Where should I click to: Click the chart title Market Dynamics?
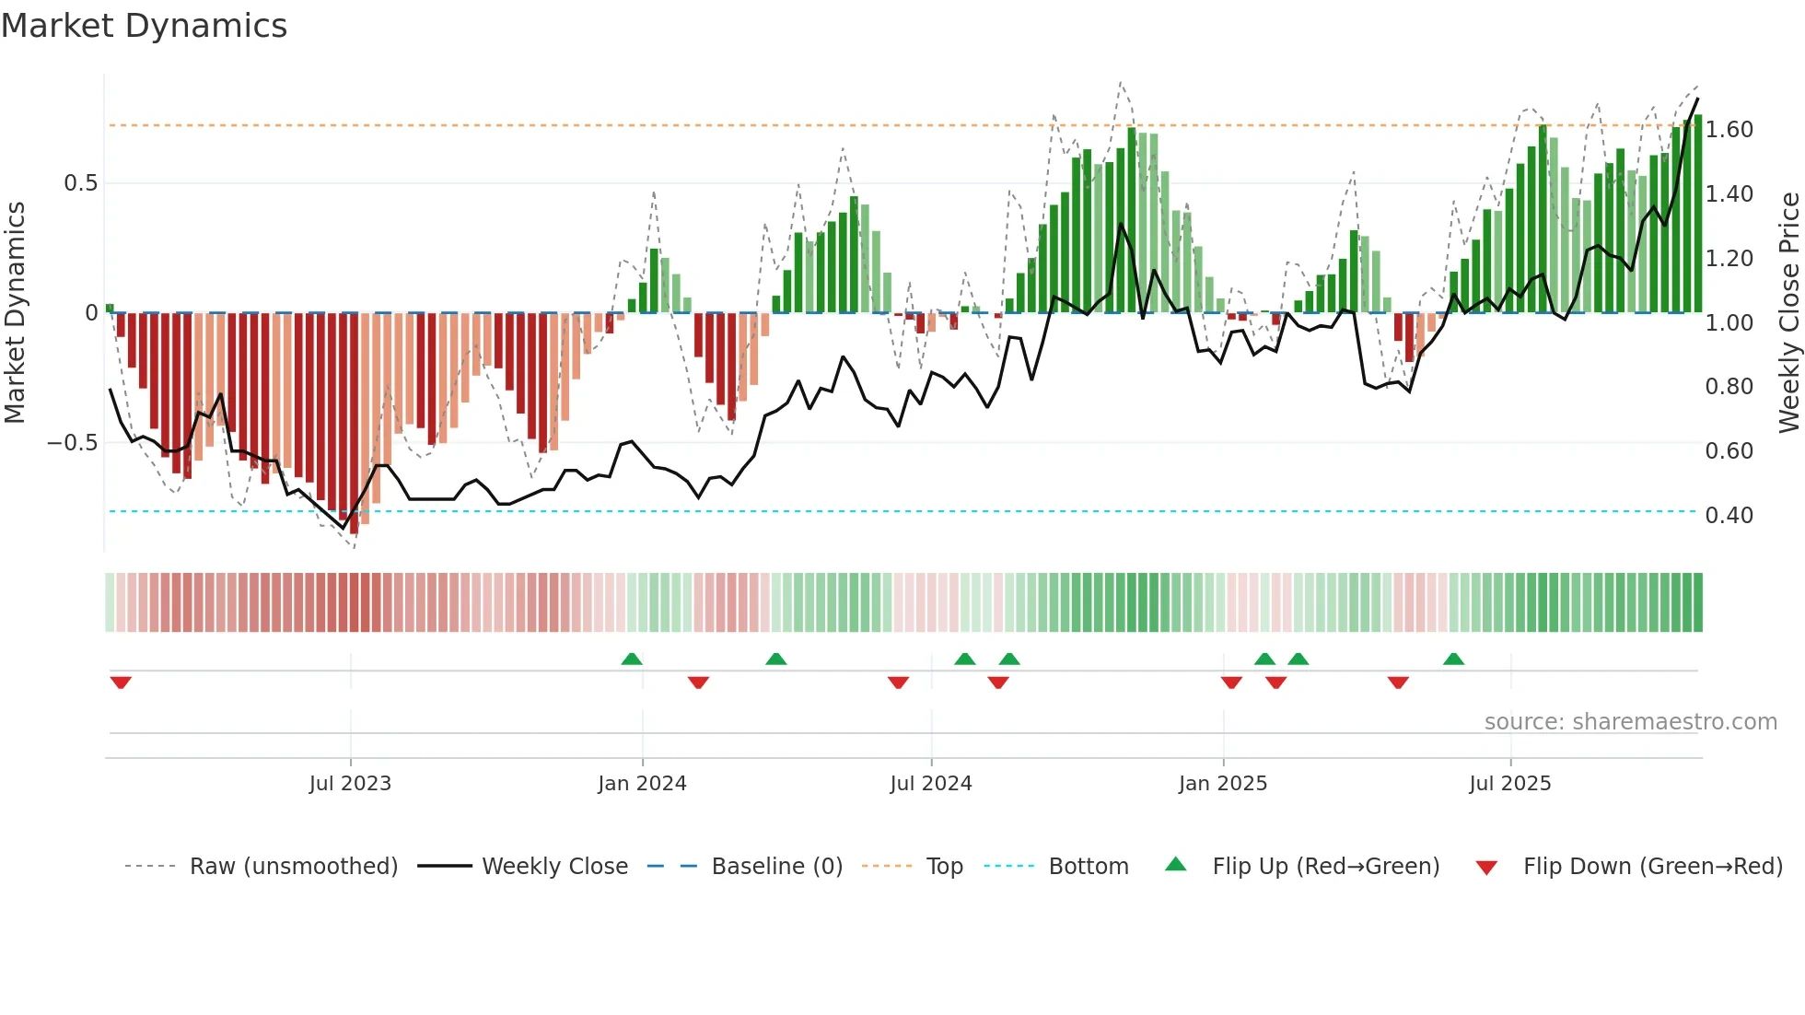click(144, 26)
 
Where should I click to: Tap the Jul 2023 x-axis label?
click(350, 784)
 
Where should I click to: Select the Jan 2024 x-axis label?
click(642, 784)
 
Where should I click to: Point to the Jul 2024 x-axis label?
click(931, 784)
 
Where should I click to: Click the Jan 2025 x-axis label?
click(1223, 784)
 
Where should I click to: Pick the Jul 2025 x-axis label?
click(1510, 784)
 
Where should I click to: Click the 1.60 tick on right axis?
click(1729, 130)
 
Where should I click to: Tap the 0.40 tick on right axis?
click(1729, 516)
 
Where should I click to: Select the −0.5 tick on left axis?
click(72, 443)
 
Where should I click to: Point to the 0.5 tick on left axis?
click(80, 183)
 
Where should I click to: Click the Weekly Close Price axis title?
click(1788, 312)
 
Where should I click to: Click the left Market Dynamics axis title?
click(15, 312)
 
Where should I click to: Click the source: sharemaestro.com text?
click(1630, 722)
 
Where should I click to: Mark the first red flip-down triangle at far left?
click(121, 682)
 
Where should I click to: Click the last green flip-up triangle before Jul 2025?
click(1453, 659)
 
